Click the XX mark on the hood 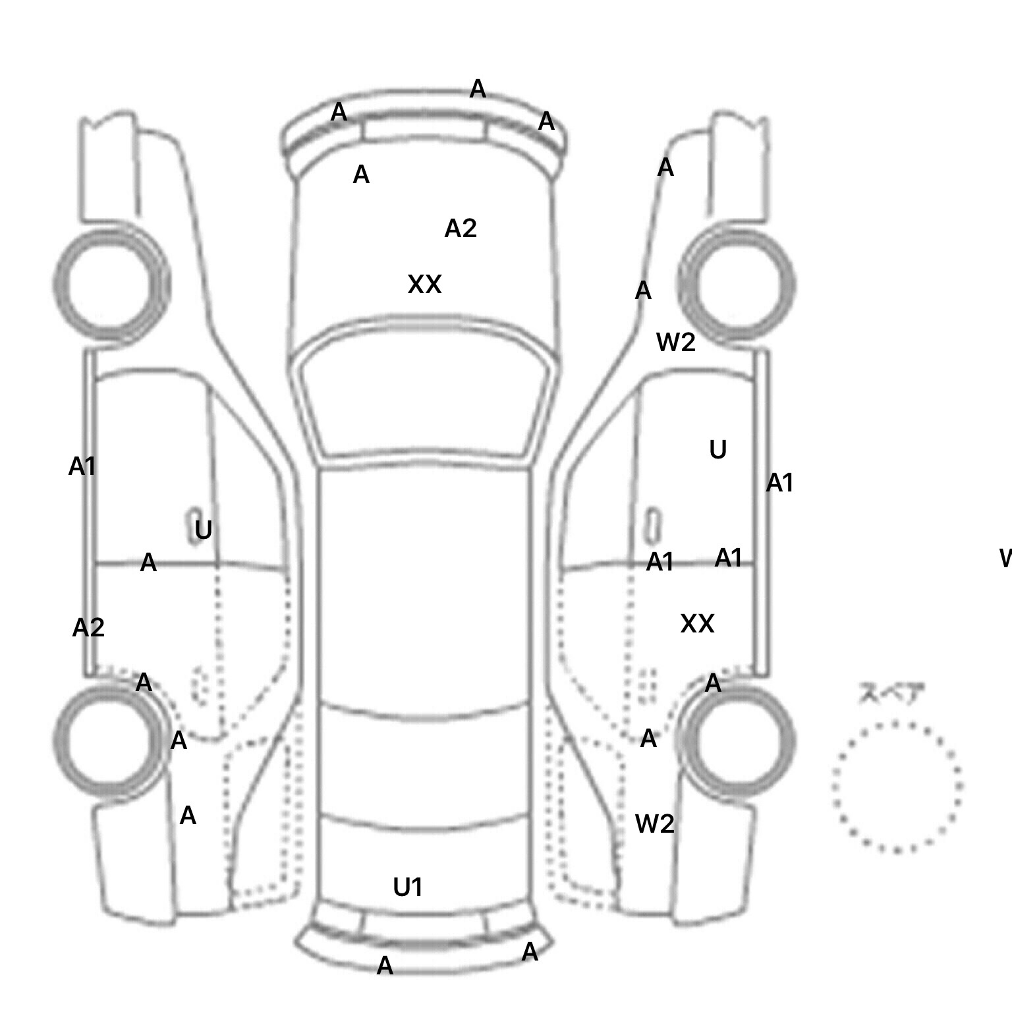[x=424, y=285]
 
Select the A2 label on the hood [x=461, y=229]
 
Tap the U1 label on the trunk [x=408, y=887]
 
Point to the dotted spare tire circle [x=897, y=787]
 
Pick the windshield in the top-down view [x=425, y=395]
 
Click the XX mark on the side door [x=697, y=624]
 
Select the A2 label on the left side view [x=88, y=628]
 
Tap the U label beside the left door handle [x=204, y=530]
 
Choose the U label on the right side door [x=718, y=450]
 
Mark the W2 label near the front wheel [x=676, y=343]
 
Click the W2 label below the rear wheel [x=654, y=824]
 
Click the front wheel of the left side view [x=111, y=284]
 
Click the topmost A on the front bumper [x=478, y=89]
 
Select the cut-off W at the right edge [x=1005, y=559]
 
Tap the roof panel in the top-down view [x=424, y=586]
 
